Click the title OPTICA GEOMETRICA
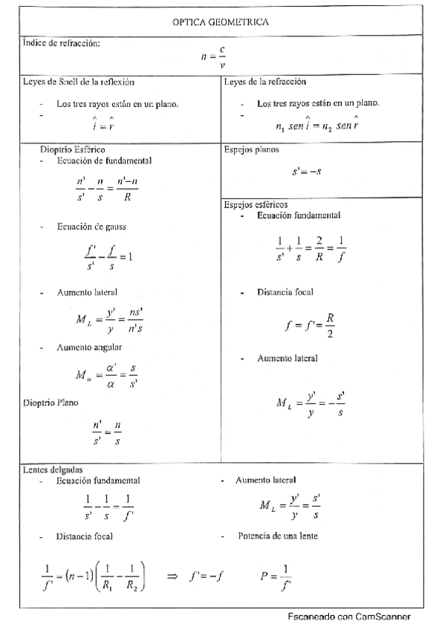pyautogui.click(x=221, y=22)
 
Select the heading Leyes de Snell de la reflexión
pyautogui.click(x=77, y=82)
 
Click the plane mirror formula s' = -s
pyautogui.click(x=307, y=172)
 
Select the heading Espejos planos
pyautogui.click(x=251, y=149)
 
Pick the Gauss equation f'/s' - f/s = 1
pyautogui.click(x=108, y=256)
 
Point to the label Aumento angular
pyautogui.click(x=90, y=347)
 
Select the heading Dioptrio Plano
pyautogui.click(x=51, y=402)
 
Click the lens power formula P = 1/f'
pyautogui.click(x=276, y=575)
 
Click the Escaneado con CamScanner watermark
pyautogui.click(x=348, y=617)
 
